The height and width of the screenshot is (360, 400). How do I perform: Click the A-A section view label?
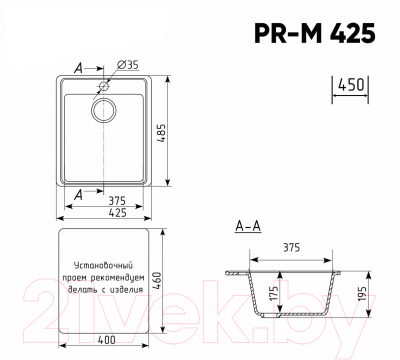coord(247,227)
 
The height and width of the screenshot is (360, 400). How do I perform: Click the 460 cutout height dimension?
coord(171,279)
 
